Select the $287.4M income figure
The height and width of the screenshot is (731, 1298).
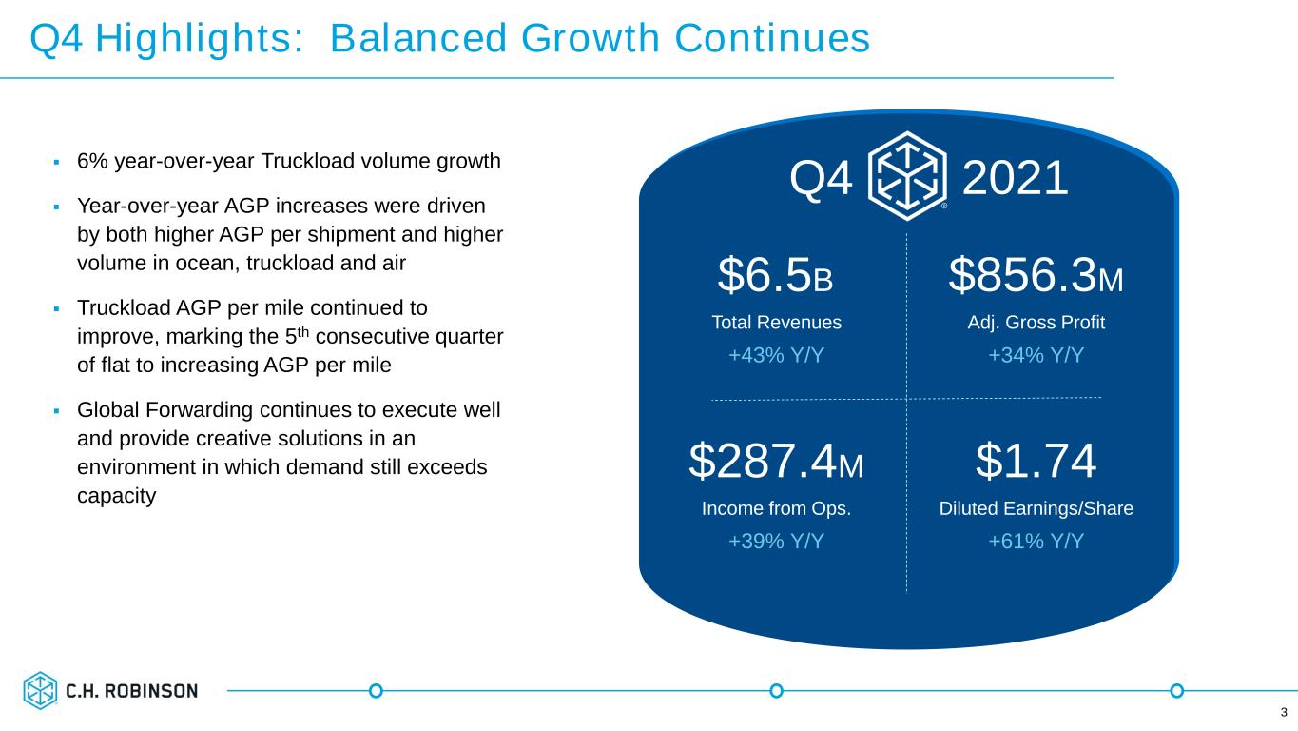coord(776,461)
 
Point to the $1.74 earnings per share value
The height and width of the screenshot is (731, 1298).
coord(1036,461)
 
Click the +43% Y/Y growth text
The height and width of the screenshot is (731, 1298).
coord(776,354)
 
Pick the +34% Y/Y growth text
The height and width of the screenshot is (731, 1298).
coord(1036,354)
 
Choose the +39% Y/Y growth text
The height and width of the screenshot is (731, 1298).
coord(776,541)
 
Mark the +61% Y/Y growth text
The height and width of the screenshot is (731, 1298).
coord(1036,541)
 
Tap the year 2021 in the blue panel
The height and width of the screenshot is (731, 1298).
coord(1015,178)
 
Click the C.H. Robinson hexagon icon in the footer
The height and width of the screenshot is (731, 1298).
coord(40,690)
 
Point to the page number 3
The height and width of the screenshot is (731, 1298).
coord(1284,712)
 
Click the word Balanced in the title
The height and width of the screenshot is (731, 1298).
coord(418,38)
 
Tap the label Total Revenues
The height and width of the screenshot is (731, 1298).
coord(776,322)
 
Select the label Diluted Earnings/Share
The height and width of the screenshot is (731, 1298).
coord(1036,508)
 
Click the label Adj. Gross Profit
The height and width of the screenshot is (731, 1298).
coord(1036,323)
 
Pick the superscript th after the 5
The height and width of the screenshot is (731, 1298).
coord(303,331)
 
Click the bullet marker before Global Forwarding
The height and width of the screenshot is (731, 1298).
coord(56,411)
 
